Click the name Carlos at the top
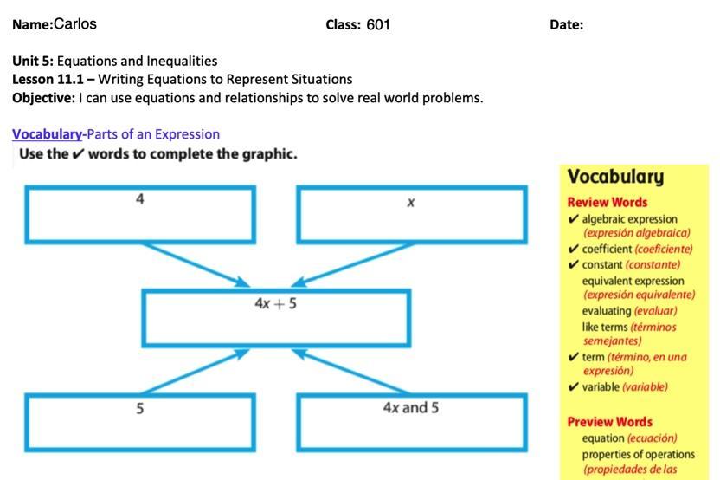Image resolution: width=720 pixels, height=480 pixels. pos(74,24)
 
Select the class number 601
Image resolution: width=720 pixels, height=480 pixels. pos(378,25)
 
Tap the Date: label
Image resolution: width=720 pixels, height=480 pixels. pos(566,25)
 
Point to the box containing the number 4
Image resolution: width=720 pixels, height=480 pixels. pos(140,214)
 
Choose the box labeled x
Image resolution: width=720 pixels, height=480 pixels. pos(411,214)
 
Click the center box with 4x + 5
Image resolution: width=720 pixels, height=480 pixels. pos(276,318)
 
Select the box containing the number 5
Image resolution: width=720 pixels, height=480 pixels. pos(140,422)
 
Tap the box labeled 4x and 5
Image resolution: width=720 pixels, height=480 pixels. pos(411,422)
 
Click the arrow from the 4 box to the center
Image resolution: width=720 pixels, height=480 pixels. pos(196,263)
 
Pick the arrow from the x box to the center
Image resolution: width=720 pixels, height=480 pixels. pos(355,263)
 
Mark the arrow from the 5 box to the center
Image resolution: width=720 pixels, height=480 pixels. pos(196,372)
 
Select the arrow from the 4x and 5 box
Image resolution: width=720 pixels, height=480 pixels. pos(355,372)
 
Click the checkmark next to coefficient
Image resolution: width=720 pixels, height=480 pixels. pos(574,250)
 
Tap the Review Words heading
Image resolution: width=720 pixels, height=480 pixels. pos(607,202)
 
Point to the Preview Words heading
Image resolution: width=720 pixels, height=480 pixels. pos(609,422)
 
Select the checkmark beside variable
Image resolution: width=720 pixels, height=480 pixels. pos(574,387)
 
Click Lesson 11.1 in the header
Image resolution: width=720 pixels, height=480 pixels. pos(48,79)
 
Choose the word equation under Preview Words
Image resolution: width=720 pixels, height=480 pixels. pos(603,438)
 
